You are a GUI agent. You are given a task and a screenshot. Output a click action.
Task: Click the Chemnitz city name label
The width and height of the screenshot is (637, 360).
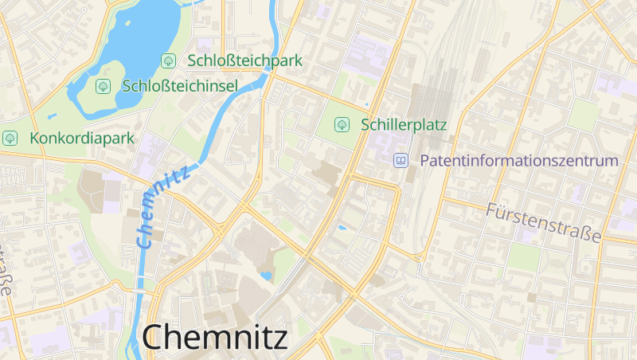tap(215, 338)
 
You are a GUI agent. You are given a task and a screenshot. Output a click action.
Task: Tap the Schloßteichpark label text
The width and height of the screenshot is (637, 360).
tap(245, 61)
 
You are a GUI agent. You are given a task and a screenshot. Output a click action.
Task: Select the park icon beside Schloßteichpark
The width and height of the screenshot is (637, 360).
tap(168, 61)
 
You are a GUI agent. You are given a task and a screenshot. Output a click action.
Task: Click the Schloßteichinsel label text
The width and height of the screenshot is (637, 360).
tap(180, 85)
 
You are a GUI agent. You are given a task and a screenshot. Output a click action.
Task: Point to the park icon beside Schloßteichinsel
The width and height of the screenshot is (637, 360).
tap(102, 85)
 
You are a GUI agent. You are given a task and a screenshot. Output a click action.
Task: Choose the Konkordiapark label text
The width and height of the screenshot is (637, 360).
tap(82, 138)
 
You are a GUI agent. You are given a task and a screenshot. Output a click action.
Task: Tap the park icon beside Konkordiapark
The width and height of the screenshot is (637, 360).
tap(10, 138)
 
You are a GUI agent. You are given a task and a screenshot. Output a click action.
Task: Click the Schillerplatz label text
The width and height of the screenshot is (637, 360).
tap(404, 124)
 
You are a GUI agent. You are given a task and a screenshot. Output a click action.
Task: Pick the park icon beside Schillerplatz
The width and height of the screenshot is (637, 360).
tap(342, 124)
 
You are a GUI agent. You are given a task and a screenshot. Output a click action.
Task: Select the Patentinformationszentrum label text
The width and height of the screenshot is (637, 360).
tap(518, 160)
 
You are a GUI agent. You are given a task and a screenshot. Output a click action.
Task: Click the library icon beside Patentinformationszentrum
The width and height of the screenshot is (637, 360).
tap(401, 160)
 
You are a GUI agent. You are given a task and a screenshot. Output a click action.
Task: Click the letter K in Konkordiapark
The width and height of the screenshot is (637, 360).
tap(34, 138)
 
